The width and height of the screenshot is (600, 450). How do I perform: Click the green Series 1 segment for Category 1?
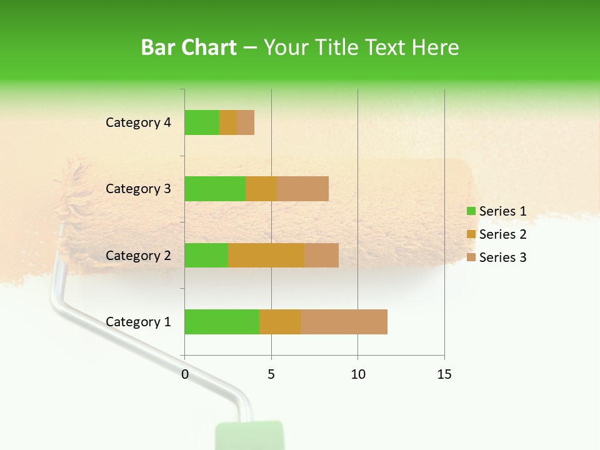pyautogui.click(x=222, y=322)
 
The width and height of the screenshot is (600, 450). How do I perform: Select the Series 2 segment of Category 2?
pyautogui.click(x=266, y=255)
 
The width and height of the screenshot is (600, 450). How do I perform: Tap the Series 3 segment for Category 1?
pyautogui.click(x=344, y=322)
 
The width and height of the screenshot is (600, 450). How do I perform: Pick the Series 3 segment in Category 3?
pyautogui.click(x=302, y=189)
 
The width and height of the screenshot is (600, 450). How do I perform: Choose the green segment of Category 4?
pyautogui.click(x=202, y=122)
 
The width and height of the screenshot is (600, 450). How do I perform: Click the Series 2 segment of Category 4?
pyautogui.click(x=228, y=122)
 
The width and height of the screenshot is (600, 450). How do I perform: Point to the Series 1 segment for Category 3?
pyautogui.click(x=215, y=189)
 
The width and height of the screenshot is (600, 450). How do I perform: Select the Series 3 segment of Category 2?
pyautogui.click(x=321, y=255)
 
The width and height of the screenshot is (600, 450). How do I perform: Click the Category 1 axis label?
pyautogui.click(x=138, y=322)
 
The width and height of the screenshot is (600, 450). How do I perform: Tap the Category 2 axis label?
pyautogui.click(x=138, y=256)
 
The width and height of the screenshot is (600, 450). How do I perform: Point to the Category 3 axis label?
pyautogui.click(x=138, y=189)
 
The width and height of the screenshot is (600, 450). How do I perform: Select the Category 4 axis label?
pyautogui.click(x=138, y=122)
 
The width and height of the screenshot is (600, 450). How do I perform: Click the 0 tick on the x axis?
pyautogui.click(x=185, y=374)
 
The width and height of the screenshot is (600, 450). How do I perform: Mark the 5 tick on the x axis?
pyautogui.click(x=271, y=374)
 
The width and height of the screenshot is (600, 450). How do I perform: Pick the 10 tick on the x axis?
pyautogui.click(x=357, y=374)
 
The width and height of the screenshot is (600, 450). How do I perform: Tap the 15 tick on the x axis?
pyautogui.click(x=444, y=374)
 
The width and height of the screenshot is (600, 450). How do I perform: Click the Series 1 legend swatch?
pyautogui.click(x=471, y=211)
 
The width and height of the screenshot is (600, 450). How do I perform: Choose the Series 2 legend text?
pyautogui.click(x=502, y=234)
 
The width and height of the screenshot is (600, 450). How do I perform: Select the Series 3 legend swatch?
pyautogui.click(x=471, y=257)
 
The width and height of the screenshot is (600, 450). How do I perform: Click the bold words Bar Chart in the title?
pyautogui.click(x=189, y=47)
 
